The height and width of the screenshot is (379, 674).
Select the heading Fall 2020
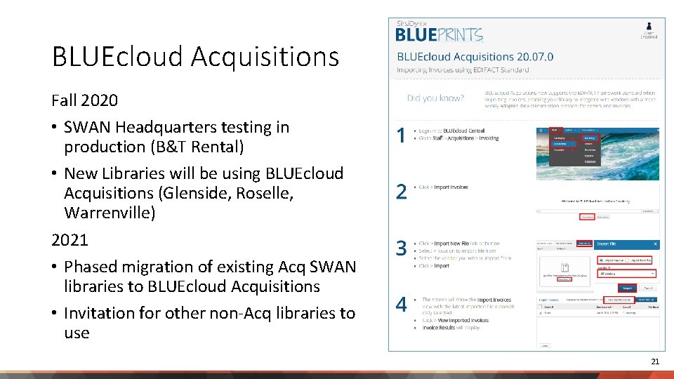point(84,100)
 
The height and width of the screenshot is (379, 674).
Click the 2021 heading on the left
point(70,240)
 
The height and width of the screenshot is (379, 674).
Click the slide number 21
point(655,361)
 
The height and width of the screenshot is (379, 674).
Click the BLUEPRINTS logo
point(439,34)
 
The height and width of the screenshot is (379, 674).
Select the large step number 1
point(401,135)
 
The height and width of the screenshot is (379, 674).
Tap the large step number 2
point(401,192)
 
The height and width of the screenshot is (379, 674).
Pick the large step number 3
point(401,248)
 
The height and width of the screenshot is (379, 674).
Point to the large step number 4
point(401,304)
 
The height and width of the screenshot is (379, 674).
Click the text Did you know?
point(435,98)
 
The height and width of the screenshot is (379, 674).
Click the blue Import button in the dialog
point(627,288)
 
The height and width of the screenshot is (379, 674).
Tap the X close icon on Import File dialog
point(655,244)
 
